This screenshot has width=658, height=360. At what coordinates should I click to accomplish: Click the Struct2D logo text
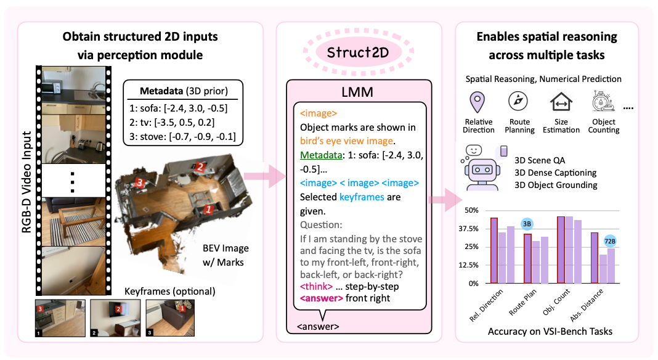pos(358,52)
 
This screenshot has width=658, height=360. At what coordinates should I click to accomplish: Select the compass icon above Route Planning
pos(518,101)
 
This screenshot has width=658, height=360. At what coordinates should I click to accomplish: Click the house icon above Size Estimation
pos(561,102)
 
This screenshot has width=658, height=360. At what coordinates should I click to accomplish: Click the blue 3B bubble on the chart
pos(527,224)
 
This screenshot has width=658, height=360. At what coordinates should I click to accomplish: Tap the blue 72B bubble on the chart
pos(610,241)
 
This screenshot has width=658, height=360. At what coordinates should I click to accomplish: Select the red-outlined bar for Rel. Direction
pos(494,250)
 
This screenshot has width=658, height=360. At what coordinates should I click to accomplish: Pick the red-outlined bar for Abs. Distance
pos(594,258)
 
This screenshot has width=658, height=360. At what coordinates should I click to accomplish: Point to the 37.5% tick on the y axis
pos(468,229)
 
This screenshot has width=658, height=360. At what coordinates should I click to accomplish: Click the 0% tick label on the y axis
pos(473,284)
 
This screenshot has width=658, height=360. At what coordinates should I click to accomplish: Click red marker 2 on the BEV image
pos(200,167)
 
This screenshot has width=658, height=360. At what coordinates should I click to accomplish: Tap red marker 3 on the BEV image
pos(140,182)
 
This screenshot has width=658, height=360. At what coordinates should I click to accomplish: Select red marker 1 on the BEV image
pos(208,209)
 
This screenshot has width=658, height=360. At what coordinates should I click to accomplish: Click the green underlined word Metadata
pos(321,155)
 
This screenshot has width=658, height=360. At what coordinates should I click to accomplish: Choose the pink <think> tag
pos(317,287)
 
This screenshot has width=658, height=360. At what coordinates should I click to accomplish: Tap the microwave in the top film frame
pos(51,88)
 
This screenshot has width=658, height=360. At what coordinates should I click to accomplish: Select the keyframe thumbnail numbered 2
pos(115,318)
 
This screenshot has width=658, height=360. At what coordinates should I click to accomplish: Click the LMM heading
pos(357,92)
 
